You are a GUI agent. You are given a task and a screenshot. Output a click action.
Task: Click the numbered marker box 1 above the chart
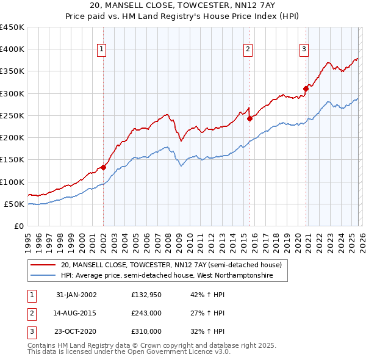click(101, 50)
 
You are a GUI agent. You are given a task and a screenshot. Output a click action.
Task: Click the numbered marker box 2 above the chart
click(248, 50)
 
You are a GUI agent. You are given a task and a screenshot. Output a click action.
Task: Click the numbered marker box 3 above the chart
click(304, 50)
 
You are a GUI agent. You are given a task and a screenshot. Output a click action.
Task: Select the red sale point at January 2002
click(104, 167)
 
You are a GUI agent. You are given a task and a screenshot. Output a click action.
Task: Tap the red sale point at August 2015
click(249, 118)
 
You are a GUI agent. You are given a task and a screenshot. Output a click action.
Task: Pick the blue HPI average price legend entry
click(166, 276)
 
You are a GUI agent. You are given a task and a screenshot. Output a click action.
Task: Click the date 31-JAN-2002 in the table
click(76, 295)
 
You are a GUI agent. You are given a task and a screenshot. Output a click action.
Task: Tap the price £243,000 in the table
click(146, 313)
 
